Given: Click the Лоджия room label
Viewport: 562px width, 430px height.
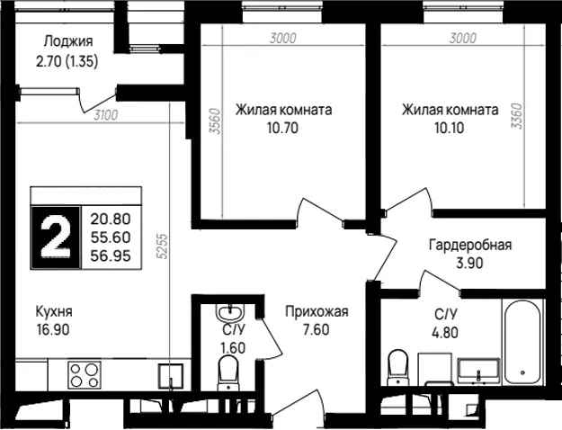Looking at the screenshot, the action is point(68,41).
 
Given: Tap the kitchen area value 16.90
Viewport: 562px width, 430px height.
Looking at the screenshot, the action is point(53,329).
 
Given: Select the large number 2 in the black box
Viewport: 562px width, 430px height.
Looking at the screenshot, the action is point(56,237).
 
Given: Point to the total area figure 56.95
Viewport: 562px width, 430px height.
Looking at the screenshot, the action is point(111,256).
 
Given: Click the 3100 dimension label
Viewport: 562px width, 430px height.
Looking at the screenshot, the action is point(106,115).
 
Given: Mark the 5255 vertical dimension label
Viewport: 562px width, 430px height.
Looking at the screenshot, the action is point(163,246).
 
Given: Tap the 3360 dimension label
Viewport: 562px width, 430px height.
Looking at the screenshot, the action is point(517,116).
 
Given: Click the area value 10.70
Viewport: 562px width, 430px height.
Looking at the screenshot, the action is point(282,128).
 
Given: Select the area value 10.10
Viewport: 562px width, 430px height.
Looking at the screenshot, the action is point(450,128).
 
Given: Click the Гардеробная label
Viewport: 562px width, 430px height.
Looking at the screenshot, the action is point(470,246).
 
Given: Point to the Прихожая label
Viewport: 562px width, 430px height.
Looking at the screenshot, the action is point(317,311).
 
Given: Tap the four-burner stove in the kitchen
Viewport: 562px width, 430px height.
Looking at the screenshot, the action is point(85,375).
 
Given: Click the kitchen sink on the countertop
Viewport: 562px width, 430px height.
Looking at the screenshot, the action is point(171,376).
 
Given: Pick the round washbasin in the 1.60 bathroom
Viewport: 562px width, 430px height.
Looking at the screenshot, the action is point(229,312).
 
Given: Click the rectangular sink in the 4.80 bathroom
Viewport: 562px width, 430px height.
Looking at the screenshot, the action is point(478,370).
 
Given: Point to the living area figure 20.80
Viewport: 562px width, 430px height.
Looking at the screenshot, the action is point(111,219).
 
